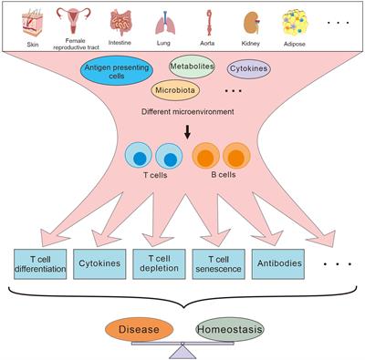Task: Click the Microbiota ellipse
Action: pyautogui.click(x=178, y=90)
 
